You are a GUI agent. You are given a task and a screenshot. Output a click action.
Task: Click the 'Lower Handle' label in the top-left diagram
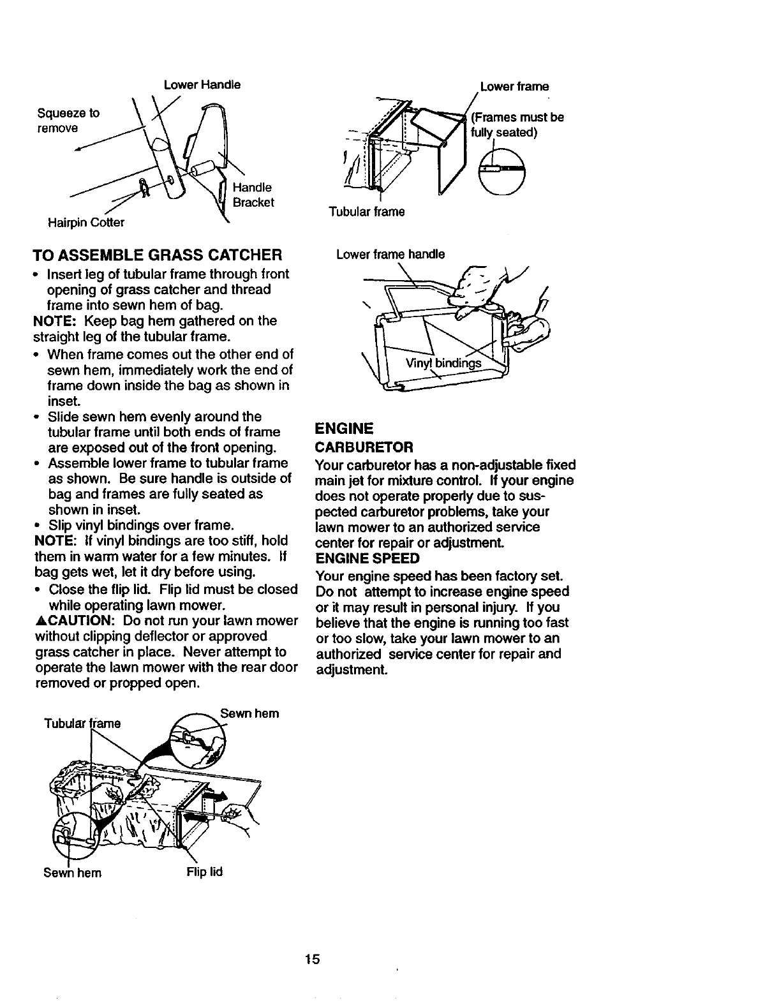(x=202, y=85)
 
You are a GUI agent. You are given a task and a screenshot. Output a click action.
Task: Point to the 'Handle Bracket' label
(x=253, y=195)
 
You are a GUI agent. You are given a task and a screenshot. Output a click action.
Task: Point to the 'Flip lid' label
(x=204, y=872)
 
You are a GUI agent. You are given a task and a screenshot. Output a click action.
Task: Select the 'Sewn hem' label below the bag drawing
(x=72, y=872)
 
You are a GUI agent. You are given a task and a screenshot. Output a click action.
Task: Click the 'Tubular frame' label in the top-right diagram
(x=366, y=212)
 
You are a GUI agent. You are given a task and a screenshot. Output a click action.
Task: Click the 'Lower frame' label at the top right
(x=514, y=86)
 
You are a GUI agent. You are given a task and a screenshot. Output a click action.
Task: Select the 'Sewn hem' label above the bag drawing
(x=249, y=713)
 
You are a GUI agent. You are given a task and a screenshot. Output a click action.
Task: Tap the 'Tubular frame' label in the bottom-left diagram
(x=82, y=723)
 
